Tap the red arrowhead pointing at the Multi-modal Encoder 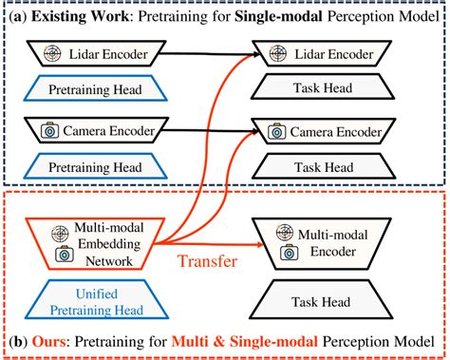(249, 242)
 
